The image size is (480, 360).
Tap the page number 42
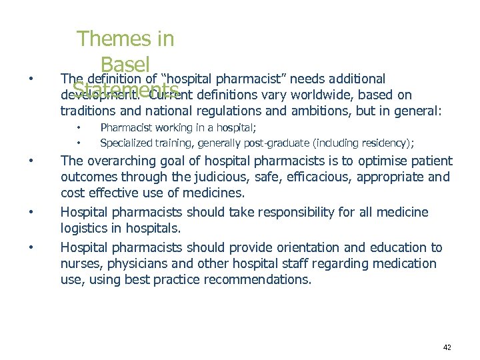(447, 347)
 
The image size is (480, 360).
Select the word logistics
(85, 229)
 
